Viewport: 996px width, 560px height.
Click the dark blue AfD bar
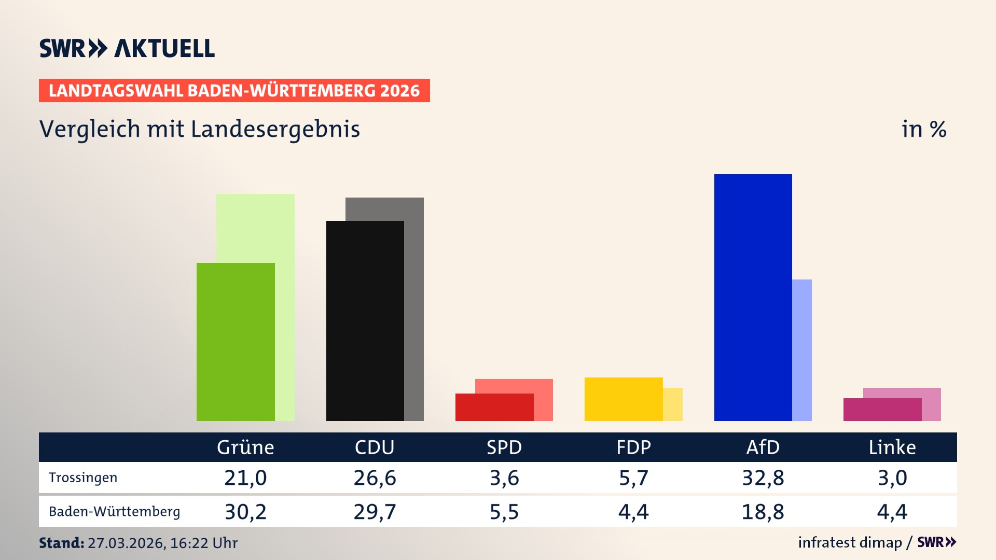click(x=753, y=297)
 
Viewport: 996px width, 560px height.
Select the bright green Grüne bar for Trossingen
click(x=236, y=342)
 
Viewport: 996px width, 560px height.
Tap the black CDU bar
click(x=365, y=320)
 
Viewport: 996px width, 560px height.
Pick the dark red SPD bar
click(x=494, y=407)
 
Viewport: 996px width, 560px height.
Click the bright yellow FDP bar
click(x=623, y=399)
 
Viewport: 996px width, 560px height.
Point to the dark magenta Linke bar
click(x=882, y=409)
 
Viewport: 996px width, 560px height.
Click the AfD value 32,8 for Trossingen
click(x=763, y=478)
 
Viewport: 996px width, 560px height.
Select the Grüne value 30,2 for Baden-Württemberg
click(x=245, y=512)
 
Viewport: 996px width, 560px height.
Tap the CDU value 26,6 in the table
click(x=375, y=478)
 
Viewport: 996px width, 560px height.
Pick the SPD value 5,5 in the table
click(x=504, y=512)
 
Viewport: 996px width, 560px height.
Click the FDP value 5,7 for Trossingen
click(x=633, y=478)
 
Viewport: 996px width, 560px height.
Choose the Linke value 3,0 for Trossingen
click(x=892, y=478)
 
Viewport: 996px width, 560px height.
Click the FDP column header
click(x=633, y=447)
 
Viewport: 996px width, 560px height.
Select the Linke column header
click(x=892, y=447)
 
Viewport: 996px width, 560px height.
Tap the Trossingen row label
click(x=83, y=478)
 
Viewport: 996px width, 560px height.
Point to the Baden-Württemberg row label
click(x=114, y=512)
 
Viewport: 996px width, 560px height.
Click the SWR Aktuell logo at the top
click(x=127, y=48)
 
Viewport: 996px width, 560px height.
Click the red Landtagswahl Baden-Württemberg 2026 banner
click(x=234, y=91)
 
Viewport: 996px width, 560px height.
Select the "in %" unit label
click(x=924, y=129)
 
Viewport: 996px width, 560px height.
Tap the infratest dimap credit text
click(x=850, y=542)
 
